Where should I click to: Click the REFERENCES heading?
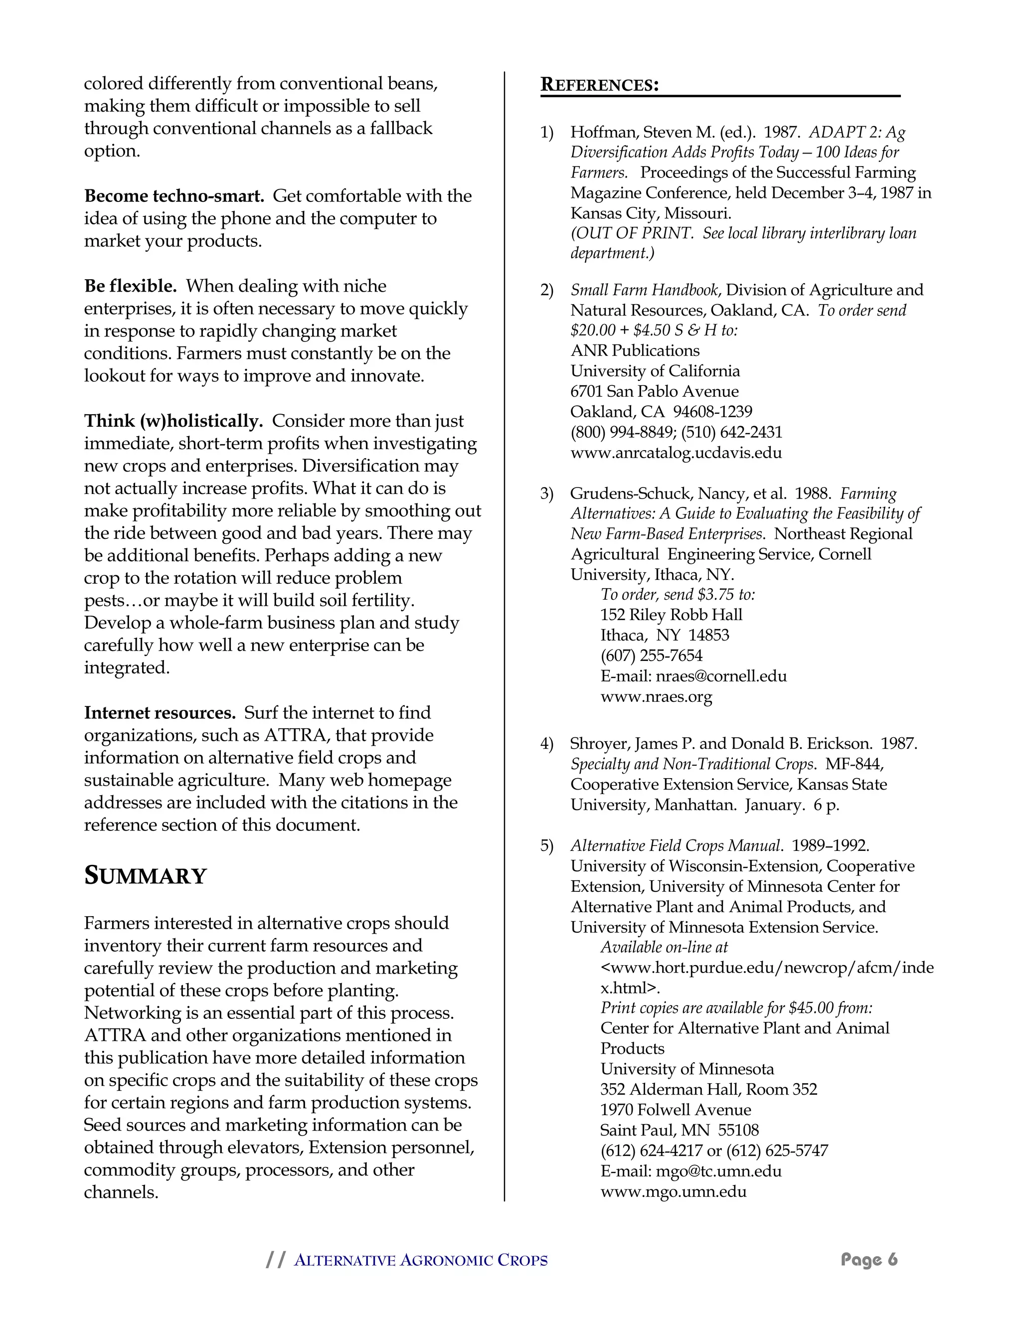pos(599,85)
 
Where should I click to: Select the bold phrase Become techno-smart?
pos(174,196)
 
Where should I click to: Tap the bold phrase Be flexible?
pos(131,286)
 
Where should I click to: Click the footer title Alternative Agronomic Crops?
pos(420,1261)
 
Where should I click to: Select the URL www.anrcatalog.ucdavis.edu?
pos(676,453)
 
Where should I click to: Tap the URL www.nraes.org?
pos(656,697)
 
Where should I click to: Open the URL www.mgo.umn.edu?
pos(673,1191)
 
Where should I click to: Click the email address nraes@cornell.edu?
pos(721,676)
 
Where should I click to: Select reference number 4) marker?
pos(547,744)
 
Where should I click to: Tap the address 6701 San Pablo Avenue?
pos(654,391)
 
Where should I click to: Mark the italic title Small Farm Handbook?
pos(644,290)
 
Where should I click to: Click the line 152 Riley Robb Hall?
pos(671,615)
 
